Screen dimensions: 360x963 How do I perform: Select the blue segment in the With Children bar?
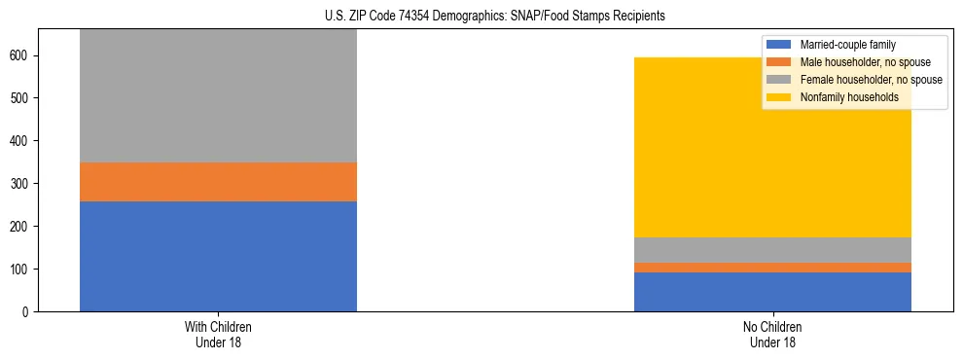click(218, 256)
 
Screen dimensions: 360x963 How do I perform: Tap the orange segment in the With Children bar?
click(218, 182)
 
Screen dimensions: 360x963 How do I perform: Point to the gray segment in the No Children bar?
click(772, 250)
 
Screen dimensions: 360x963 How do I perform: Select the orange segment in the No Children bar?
click(772, 268)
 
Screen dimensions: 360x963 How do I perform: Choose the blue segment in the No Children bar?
click(772, 292)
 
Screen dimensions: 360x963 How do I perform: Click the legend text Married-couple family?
click(847, 45)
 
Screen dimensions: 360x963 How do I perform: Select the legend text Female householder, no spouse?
click(871, 80)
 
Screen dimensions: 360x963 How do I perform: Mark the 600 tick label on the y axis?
click(21, 55)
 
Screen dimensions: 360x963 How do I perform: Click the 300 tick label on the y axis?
click(21, 184)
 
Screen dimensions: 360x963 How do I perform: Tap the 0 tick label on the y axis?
click(28, 311)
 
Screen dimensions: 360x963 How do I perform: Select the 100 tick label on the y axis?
click(21, 269)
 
